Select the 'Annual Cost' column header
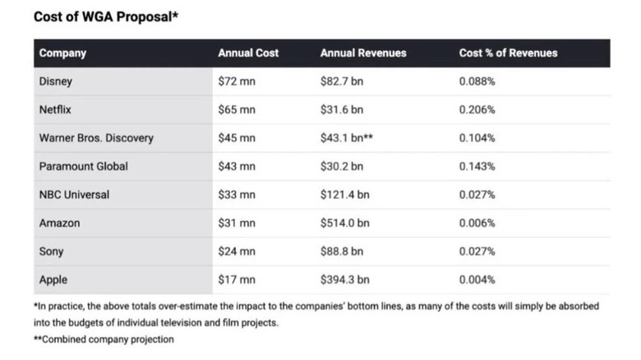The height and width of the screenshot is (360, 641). pos(248,53)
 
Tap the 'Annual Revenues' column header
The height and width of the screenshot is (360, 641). pos(363,53)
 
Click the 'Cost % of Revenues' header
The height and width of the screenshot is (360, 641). pos(508,53)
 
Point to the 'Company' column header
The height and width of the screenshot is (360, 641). pos(62,53)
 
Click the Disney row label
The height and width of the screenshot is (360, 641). pos(56,81)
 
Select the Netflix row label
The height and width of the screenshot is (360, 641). pos(57,109)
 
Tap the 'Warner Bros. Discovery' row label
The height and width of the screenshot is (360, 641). pos(96,138)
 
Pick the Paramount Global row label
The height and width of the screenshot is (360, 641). pos(84,166)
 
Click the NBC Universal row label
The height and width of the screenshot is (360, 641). pos(74,195)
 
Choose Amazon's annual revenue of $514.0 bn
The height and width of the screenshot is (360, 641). pos(344,223)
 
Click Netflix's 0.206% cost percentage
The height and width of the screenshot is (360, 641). pos(477,109)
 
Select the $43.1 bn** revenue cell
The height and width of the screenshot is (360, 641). pos(347,138)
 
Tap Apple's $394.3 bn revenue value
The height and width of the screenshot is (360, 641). pos(344,279)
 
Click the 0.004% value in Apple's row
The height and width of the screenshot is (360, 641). pos(477,279)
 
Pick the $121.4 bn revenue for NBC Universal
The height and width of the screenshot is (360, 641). pos(344,195)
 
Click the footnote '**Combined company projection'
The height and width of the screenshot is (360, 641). pos(104,339)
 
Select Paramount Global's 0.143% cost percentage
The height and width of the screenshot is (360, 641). pos(477,166)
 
